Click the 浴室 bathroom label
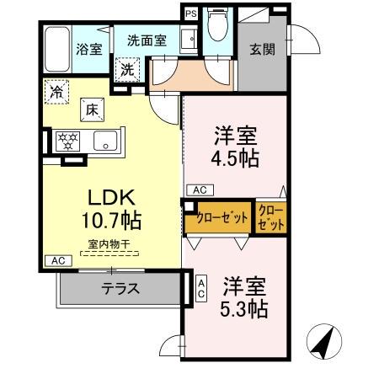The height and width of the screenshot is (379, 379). click(90, 49)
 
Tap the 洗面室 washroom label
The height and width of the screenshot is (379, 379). click(147, 40)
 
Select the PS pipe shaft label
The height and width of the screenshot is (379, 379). click(191, 13)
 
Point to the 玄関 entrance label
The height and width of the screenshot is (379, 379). click(259, 49)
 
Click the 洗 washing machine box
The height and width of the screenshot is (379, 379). click(128, 69)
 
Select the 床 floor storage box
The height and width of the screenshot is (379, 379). click(91, 108)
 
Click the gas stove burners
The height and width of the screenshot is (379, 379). click(67, 141)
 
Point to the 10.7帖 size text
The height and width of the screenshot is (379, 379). click(110, 221)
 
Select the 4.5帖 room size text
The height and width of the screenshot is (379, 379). click(235, 157)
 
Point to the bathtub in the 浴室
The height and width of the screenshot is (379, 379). click(57, 50)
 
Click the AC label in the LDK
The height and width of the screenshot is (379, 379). click(57, 260)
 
